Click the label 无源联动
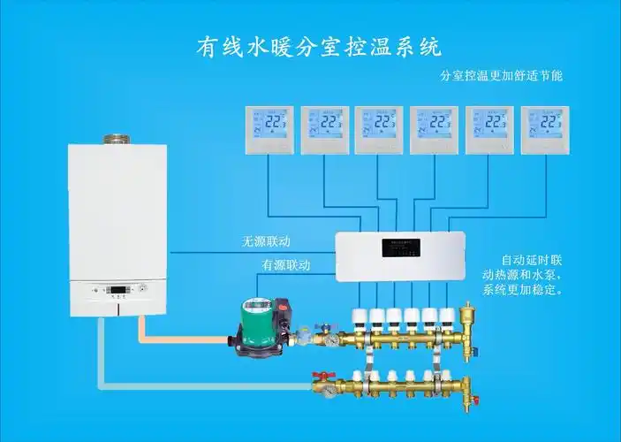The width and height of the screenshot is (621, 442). pos(266,240)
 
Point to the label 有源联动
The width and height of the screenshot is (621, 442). pos(285,264)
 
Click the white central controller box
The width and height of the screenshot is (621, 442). pos(401,256)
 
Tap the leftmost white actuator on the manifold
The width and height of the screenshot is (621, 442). pos(360,317)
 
